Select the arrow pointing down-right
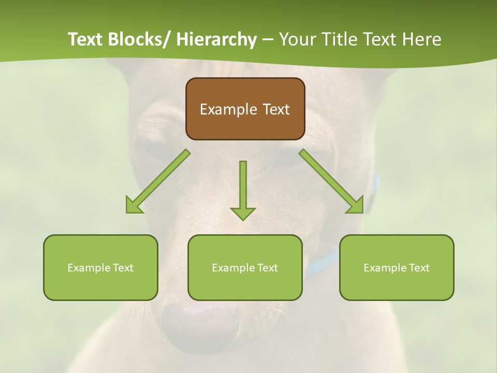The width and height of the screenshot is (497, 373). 332,182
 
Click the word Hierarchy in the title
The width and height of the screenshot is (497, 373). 216,39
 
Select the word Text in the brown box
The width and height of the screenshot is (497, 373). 275,109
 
